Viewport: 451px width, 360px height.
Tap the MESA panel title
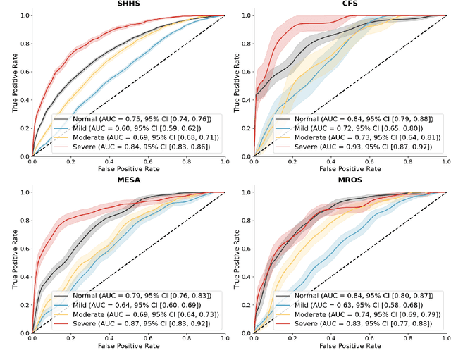pos(128,181)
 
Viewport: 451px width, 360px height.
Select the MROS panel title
pos(347,181)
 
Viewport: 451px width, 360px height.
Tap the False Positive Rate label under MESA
pos(128,346)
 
